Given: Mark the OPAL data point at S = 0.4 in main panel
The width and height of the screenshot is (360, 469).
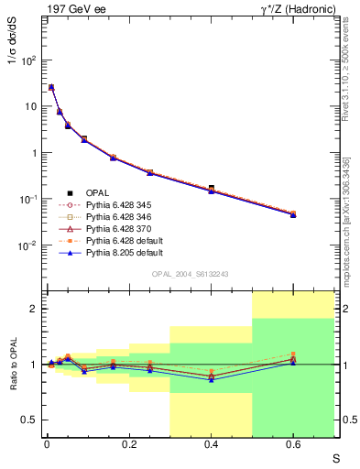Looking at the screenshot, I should pyautogui.click(x=211, y=188).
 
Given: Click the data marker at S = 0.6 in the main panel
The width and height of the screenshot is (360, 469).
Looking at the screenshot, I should pyautogui.click(x=293, y=214).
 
